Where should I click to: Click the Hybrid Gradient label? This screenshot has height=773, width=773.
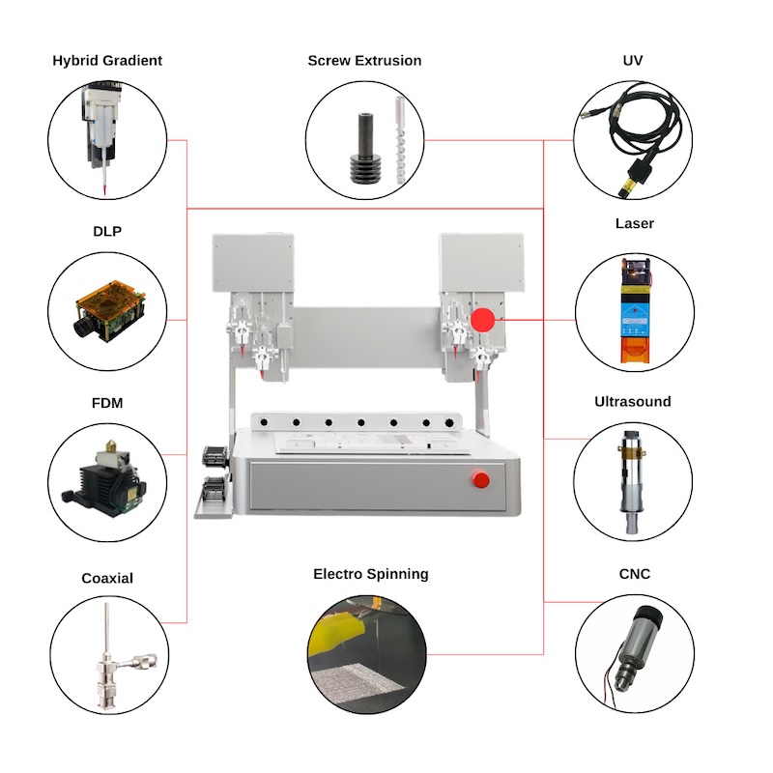tap(107, 60)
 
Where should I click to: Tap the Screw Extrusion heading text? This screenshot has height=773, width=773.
tap(364, 60)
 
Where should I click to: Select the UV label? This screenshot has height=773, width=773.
tap(633, 60)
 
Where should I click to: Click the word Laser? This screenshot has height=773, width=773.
tap(634, 223)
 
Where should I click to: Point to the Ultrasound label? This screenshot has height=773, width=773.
tap(633, 401)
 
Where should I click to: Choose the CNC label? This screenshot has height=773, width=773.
tap(634, 574)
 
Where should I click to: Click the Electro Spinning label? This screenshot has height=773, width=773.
tap(370, 574)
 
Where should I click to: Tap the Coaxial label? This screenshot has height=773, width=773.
tap(107, 578)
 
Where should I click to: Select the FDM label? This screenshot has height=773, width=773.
tap(107, 402)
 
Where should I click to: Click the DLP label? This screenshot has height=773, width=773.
tap(107, 231)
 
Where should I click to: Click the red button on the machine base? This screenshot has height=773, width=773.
tap(479, 478)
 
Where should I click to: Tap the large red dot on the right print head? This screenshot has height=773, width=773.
tap(483, 319)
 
